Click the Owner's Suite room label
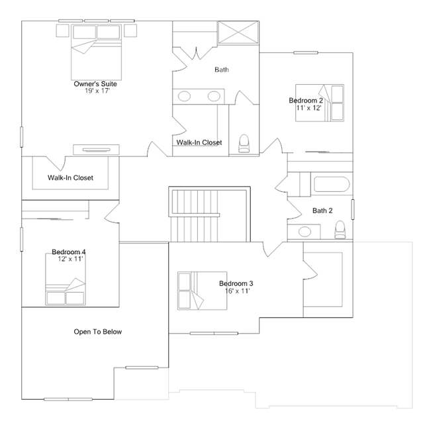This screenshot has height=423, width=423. coord(95,84)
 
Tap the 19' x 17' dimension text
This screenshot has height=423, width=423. coord(97,91)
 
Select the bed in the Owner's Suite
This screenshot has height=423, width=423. coord(96,52)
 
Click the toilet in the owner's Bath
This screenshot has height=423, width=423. coord(244,144)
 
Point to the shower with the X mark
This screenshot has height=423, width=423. coord(238,32)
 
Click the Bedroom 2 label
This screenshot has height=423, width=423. coord(306,101)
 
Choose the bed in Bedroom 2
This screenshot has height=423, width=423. coord(320,103)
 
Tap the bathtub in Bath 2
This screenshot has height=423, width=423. coord(332,184)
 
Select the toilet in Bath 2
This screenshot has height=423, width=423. coord(340,230)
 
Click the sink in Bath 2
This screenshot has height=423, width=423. coord(305,232)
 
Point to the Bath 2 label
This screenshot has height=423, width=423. coord(322,211)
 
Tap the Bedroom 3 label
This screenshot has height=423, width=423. coord(236,283)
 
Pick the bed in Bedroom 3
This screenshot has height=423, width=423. coord(202,291)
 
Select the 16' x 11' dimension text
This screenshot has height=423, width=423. coord(238,291)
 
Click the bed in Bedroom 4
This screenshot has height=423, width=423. coord(66,279)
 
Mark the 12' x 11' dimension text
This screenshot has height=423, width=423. coord(70,259)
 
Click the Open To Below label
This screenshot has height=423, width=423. coord(98,332)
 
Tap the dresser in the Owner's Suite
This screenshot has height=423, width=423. coord(96,150)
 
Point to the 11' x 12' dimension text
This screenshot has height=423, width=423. coord(309,108)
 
